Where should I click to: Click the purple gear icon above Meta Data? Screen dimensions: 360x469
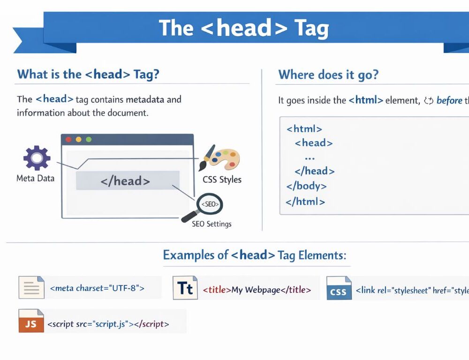click(x=37, y=158)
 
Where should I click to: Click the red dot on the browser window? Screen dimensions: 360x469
click(x=68, y=139)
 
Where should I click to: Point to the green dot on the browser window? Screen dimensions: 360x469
click(x=89, y=139)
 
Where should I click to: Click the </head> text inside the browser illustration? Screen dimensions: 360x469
click(x=125, y=181)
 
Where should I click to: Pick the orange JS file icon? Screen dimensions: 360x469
click(x=31, y=321)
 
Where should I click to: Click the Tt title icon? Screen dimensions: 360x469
click(x=185, y=288)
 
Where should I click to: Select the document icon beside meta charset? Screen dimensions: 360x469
click(x=31, y=287)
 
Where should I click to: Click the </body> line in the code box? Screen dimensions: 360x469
click(x=306, y=186)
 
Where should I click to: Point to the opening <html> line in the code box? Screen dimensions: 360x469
click(x=304, y=129)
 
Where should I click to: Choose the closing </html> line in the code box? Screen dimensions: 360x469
click(x=305, y=202)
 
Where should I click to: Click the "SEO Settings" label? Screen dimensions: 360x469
click(x=212, y=224)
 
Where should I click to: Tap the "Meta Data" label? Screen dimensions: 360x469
click(x=35, y=178)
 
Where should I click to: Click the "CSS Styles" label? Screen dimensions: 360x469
click(x=222, y=180)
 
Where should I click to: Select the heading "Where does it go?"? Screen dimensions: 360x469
click(x=328, y=75)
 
